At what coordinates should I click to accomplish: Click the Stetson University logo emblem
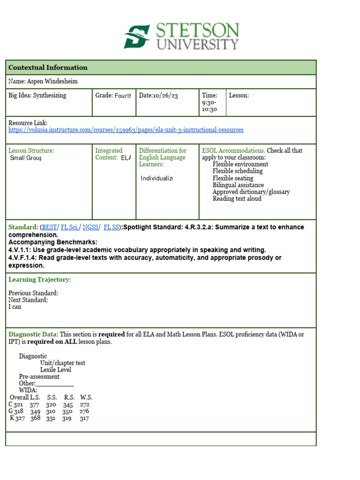pos(137,37)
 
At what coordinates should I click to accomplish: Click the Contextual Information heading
pos(48,67)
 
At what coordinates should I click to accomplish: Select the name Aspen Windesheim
pos(43,82)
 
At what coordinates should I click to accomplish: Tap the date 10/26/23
pos(158,96)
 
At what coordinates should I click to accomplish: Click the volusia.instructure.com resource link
pos(126,130)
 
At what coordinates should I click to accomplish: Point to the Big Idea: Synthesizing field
pos(37,96)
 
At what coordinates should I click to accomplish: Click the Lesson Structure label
pos(31,150)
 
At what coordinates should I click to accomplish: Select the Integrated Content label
pos(109,154)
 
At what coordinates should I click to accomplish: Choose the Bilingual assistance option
pos(238,185)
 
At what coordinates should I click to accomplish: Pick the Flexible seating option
pos(232,178)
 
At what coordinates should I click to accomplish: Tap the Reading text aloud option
pos(237,199)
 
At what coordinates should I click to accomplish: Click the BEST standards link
pos(49,227)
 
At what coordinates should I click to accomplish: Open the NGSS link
pos(90,227)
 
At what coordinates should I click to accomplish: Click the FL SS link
pos(111,227)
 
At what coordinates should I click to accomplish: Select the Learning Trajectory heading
pos(40,280)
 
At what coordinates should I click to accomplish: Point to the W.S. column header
pos(86,397)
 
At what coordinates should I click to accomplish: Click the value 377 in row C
pos(34,405)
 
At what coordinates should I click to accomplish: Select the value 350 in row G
pos(67,412)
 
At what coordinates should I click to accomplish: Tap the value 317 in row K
pos(84,419)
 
